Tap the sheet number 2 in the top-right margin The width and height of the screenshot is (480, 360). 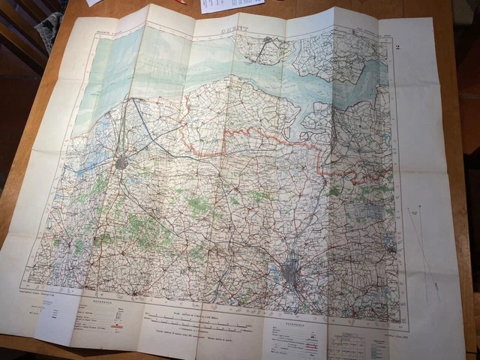(x=397, y=47)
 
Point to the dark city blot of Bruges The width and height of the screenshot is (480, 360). (x=122, y=163)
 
